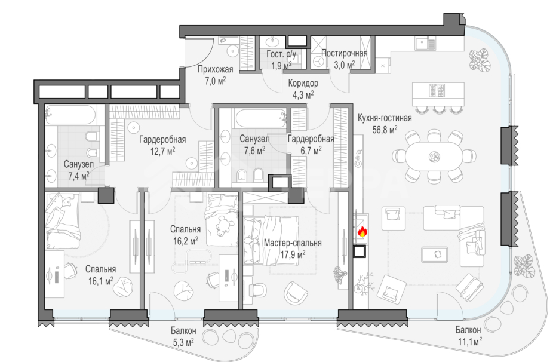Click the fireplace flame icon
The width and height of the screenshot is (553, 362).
pyautogui.click(x=362, y=232)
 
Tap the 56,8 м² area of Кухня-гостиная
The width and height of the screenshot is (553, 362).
pyautogui.click(x=385, y=130)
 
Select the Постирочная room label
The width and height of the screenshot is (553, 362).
pyautogui.click(x=344, y=53)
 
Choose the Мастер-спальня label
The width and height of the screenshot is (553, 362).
pyautogui.click(x=293, y=243)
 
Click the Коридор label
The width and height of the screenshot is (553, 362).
pyautogui.click(x=303, y=83)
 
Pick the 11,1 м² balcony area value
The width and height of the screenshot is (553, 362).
pyautogui.click(x=468, y=342)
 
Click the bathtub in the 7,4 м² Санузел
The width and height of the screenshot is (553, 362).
pyautogui.click(x=70, y=115)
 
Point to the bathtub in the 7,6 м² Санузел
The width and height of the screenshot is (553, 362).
pyautogui.click(x=260, y=118)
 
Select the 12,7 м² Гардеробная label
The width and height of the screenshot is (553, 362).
pyautogui.click(x=162, y=145)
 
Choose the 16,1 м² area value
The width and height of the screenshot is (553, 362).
pyautogui.click(x=100, y=281)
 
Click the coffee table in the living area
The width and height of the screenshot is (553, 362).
pyautogui.click(x=435, y=254)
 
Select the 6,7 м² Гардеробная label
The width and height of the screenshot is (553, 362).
pyautogui.click(x=311, y=145)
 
